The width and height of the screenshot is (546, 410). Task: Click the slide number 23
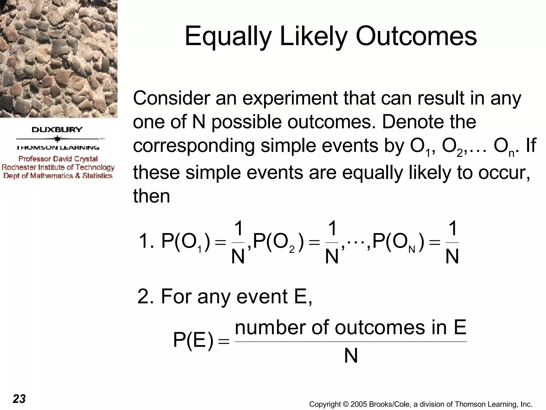[x=19, y=399]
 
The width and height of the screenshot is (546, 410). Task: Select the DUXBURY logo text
[x=57, y=130]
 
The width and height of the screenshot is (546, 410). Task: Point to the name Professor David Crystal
[x=58, y=159]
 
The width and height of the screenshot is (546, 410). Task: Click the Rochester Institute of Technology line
[x=58, y=167]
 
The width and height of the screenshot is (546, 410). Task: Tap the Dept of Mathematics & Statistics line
[x=58, y=176]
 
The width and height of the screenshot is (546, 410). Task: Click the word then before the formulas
[x=151, y=196]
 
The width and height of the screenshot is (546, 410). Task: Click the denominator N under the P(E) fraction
[x=351, y=356]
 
